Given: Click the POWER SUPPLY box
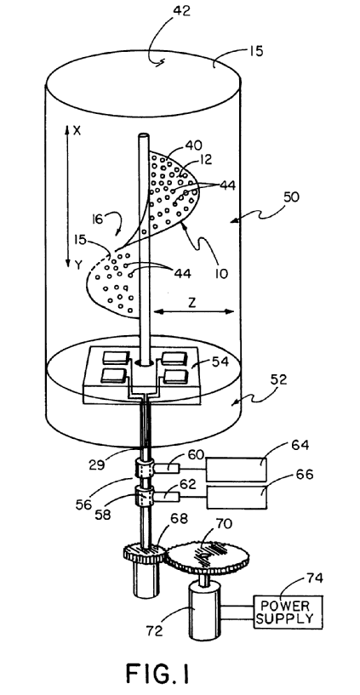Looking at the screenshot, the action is tap(289, 612).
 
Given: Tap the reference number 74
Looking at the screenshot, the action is tap(314, 578).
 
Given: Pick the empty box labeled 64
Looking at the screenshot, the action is tap(237, 469).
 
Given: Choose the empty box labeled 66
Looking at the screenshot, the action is tap(237, 498).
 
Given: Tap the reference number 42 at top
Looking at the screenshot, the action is tap(180, 11).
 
